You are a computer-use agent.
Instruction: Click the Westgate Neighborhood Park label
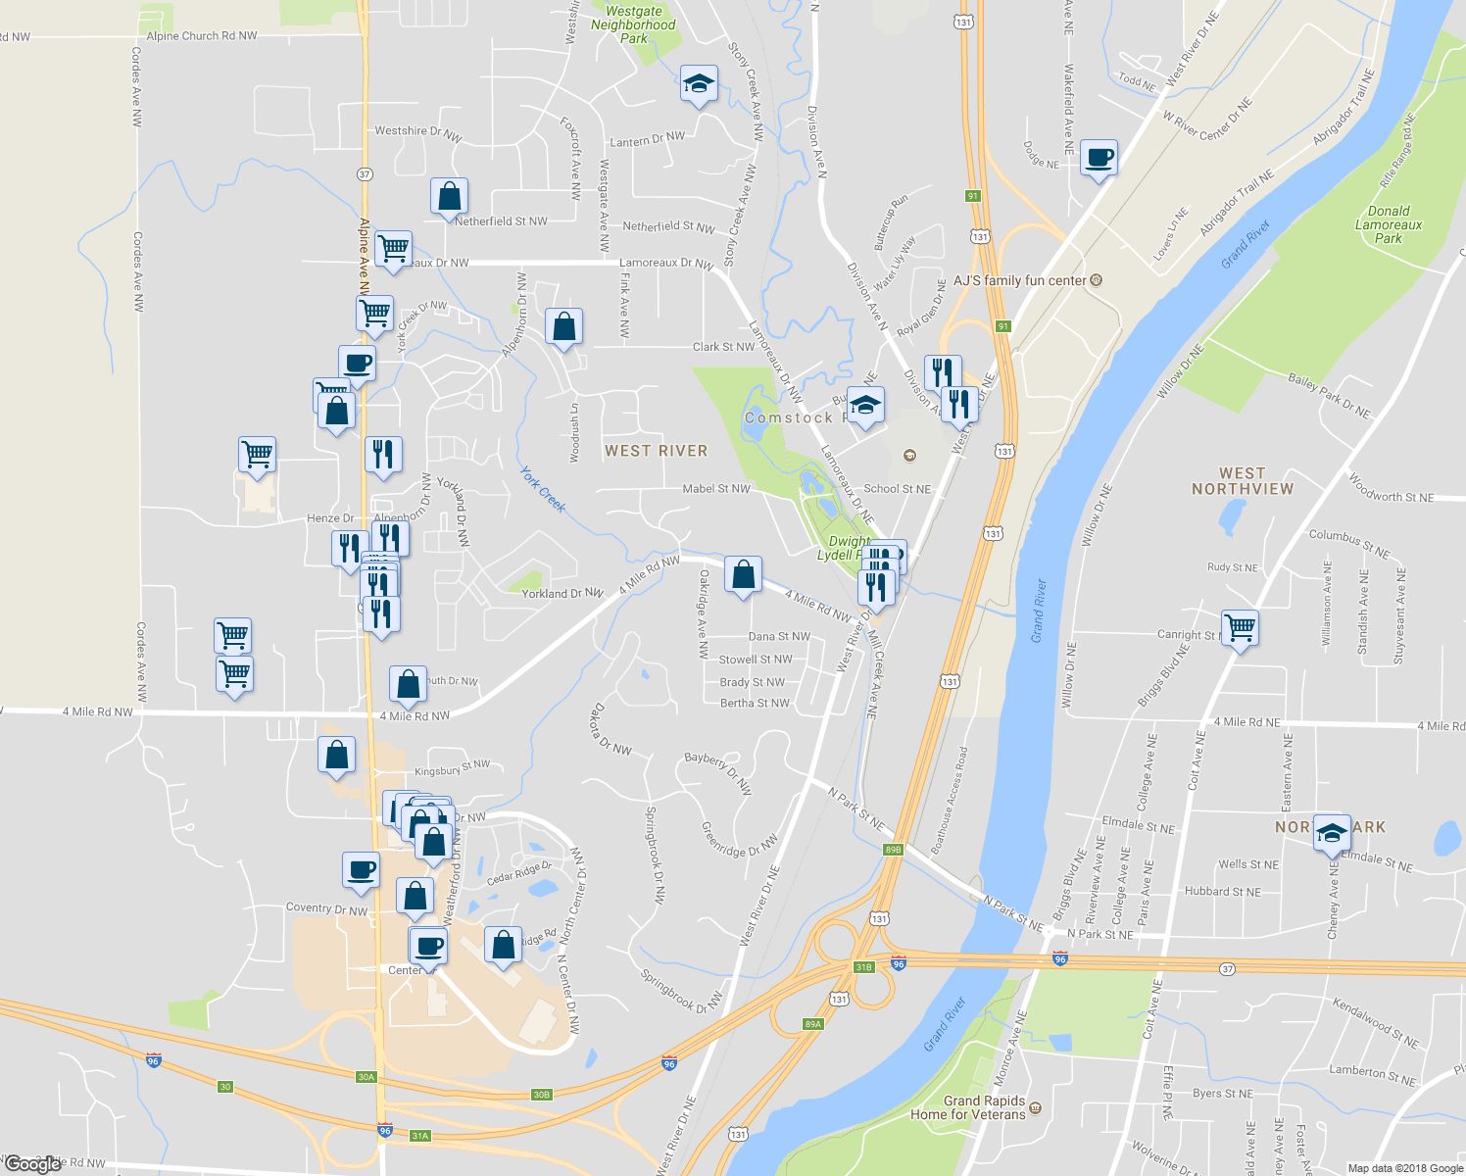pos(633,24)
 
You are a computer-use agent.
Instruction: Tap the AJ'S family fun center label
pos(1020,280)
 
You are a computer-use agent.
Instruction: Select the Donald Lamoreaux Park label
pos(1389,224)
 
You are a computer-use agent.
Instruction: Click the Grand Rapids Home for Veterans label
pos(968,1107)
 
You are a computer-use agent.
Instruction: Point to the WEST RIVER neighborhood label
pos(656,451)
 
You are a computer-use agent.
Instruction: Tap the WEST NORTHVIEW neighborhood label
pos(1243,481)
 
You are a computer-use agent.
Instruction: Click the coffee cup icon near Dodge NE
pos(1099,157)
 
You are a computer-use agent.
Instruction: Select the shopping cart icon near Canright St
pos(1241,626)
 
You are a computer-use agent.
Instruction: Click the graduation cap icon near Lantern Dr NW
pos(699,84)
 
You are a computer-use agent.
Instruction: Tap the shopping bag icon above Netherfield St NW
pos(449,195)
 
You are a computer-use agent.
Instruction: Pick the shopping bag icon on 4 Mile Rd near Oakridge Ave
pos(743,574)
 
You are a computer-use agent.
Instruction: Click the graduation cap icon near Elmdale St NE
pos(1332,833)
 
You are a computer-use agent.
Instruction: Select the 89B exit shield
pos(893,850)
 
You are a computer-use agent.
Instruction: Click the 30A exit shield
pos(366,1077)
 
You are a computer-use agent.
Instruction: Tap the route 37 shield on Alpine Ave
pos(365,174)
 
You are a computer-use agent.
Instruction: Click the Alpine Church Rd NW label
pos(202,36)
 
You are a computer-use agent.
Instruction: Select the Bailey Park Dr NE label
pos(1329,396)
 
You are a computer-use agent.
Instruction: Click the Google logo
pos(33,1164)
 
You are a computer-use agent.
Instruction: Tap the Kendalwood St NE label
pos(1375,1023)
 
